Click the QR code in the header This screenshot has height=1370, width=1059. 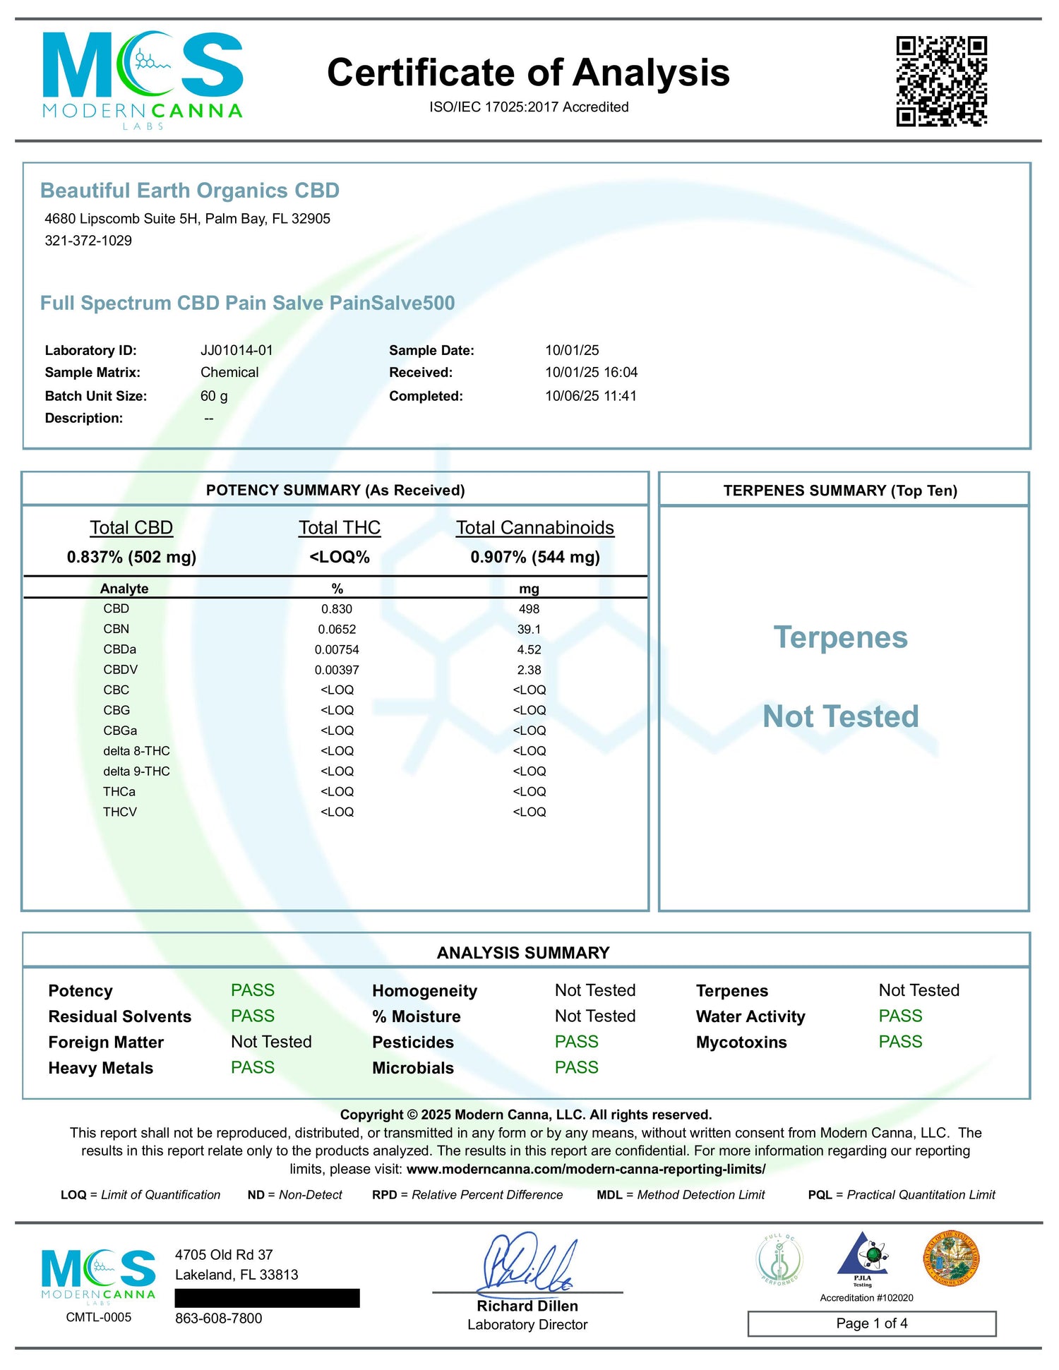[x=941, y=81]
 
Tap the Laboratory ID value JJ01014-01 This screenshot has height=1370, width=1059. [x=237, y=350]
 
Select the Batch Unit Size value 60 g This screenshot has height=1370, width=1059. [x=214, y=396]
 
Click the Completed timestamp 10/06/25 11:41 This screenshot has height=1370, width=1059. [x=590, y=396]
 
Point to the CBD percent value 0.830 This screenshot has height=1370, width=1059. [x=337, y=609]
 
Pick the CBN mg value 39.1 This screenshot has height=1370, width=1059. [x=529, y=630]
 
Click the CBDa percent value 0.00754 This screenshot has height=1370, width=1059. [x=337, y=650]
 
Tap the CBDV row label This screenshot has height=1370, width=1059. [x=121, y=670]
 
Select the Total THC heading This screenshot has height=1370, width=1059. [x=340, y=528]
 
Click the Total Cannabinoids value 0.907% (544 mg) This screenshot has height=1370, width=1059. [x=535, y=557]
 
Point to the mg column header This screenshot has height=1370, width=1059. [x=529, y=589]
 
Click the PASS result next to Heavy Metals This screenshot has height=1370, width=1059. [x=253, y=1067]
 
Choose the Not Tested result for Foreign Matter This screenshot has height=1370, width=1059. [x=271, y=1042]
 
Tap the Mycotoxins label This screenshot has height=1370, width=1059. [x=741, y=1042]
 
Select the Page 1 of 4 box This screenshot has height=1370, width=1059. [x=872, y=1323]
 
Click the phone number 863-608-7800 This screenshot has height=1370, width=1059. [x=219, y=1318]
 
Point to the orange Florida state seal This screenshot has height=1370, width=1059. [x=951, y=1258]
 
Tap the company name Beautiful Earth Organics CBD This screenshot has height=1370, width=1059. [x=190, y=191]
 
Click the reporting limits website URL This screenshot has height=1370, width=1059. [x=586, y=1169]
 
